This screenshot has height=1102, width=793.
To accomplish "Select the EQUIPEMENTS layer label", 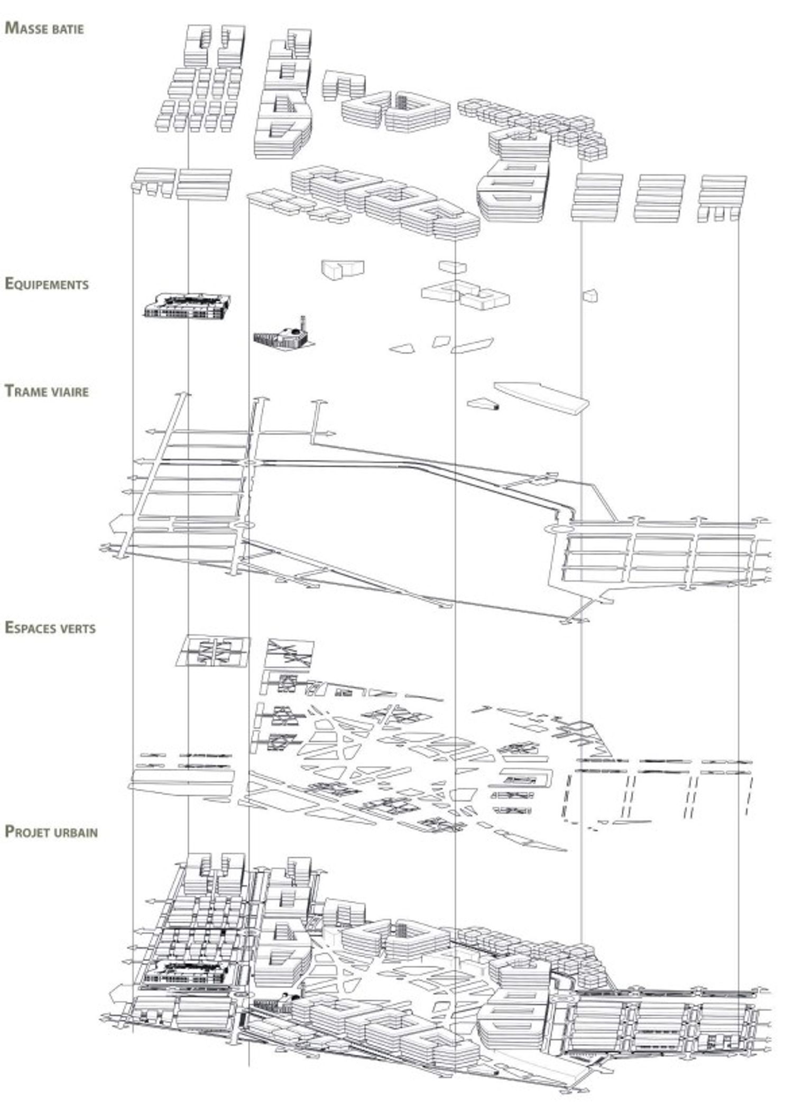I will (x=47, y=284).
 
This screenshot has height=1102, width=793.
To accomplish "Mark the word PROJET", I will (x=28, y=831).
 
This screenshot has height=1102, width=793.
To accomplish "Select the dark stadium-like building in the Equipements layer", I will (x=188, y=305).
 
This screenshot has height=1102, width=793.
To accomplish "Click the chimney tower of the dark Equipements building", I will (x=303, y=322).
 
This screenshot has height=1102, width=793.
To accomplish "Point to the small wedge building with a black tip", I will (x=483, y=405).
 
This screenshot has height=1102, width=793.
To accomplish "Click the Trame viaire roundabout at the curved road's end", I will (x=556, y=529).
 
